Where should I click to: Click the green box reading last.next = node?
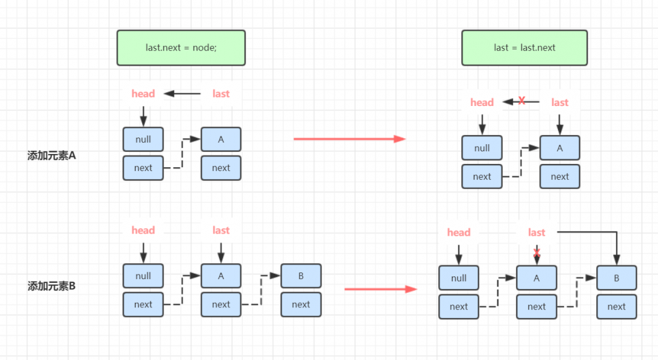coord(181,47)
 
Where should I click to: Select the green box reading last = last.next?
coord(524,47)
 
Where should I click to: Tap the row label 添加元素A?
coord(52,156)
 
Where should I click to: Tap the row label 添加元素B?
coord(52,286)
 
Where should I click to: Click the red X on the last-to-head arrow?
coord(522,101)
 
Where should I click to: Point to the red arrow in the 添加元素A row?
coord(349,139)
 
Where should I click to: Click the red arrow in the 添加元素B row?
coord(380,289)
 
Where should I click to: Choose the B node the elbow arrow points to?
coord(617,278)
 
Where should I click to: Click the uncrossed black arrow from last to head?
coord(182,93)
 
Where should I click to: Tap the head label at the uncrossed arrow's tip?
coord(143,93)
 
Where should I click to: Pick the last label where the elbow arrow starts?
coord(537,232)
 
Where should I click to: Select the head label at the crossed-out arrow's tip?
coord(482,102)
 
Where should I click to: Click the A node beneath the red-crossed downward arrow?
coord(537,278)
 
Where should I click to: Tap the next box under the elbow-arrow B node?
coord(617,306)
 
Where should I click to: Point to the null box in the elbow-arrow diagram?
coord(459,278)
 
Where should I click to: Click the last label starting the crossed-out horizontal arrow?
coord(560,102)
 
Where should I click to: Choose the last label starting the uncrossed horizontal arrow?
coord(221,93)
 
